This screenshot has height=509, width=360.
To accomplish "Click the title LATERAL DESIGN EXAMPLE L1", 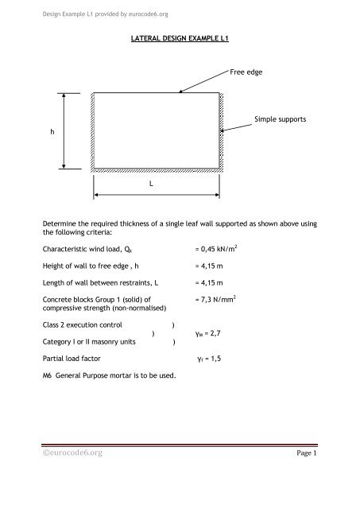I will coord(180,37).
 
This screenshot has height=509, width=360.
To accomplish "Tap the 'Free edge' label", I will coord(246,72).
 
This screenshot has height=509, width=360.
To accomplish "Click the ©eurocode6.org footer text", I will coord(82,476).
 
